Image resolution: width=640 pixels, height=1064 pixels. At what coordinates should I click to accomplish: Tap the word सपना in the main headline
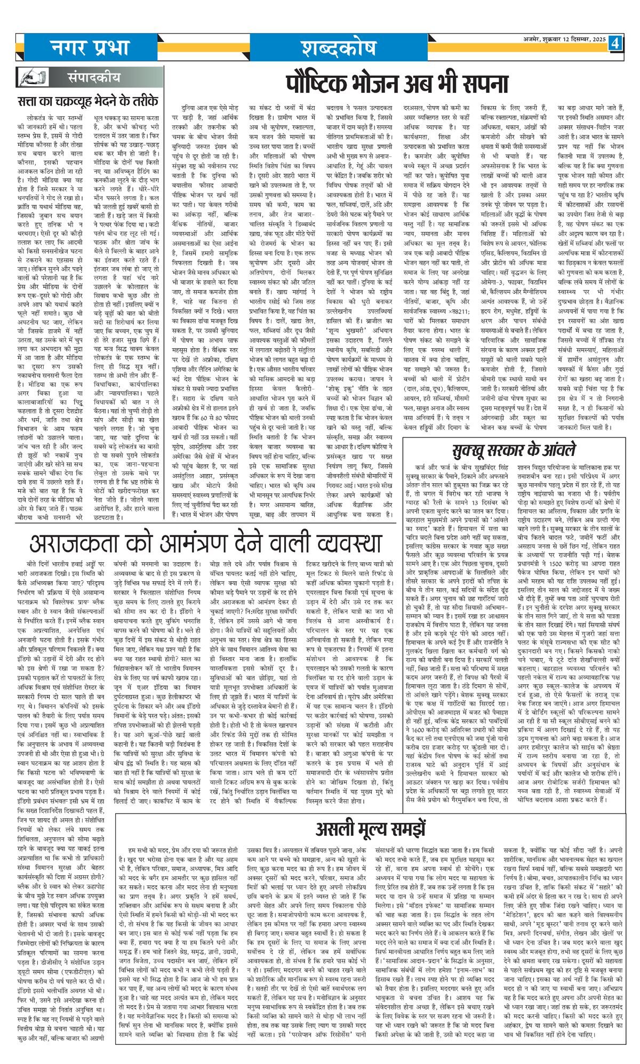(483, 84)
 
